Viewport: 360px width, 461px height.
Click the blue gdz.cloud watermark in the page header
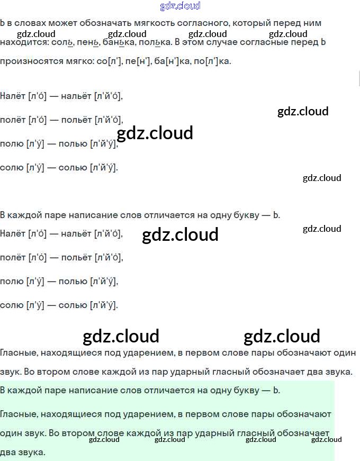[x=180, y=6]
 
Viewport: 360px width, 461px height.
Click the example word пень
[x=88, y=42]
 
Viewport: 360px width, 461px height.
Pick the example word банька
[x=118, y=42]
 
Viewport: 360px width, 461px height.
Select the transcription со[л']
[x=109, y=61]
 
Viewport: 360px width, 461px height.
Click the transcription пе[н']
[x=138, y=61]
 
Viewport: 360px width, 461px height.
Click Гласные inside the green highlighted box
[x=19, y=413]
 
